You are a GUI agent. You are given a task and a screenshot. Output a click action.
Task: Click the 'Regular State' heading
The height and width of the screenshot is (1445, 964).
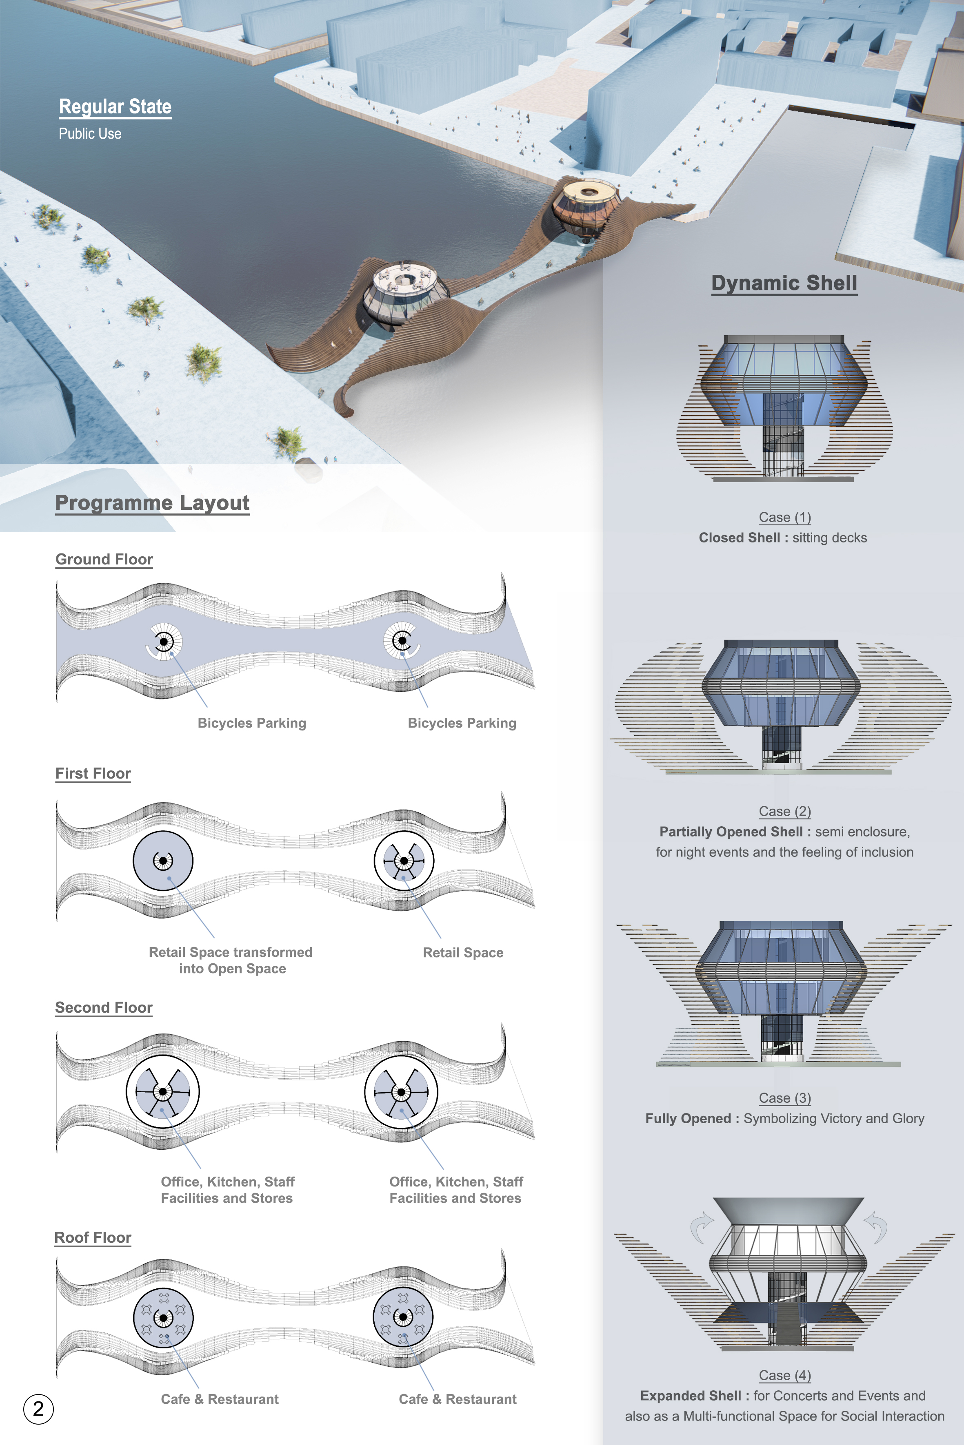point(115,106)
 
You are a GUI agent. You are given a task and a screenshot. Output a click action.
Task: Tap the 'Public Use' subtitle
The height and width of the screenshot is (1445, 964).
point(90,133)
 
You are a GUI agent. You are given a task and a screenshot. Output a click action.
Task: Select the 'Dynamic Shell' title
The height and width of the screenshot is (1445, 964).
point(784,283)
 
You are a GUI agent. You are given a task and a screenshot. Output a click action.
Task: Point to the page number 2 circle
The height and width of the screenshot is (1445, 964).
point(38,1408)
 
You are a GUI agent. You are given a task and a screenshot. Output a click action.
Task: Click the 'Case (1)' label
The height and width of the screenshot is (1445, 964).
point(784,517)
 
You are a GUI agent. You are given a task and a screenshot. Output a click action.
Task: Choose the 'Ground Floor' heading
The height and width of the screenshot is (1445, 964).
point(104,559)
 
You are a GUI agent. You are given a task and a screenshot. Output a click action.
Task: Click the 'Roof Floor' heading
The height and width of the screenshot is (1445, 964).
point(93,1237)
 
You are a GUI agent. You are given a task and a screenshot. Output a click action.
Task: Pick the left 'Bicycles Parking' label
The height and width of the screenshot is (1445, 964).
point(251,723)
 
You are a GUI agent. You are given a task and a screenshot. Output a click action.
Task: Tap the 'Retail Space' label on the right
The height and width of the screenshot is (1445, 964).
point(463,952)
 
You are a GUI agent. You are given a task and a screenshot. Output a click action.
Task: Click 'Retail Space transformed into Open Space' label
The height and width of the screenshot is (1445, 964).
point(231,960)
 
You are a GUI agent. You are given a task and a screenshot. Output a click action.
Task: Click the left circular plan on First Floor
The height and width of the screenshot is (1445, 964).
point(163,861)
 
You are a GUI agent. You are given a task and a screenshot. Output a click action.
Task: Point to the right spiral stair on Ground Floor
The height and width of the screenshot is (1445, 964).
point(402,641)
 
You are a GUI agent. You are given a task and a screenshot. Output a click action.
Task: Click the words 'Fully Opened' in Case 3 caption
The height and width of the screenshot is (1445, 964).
point(688,1118)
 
